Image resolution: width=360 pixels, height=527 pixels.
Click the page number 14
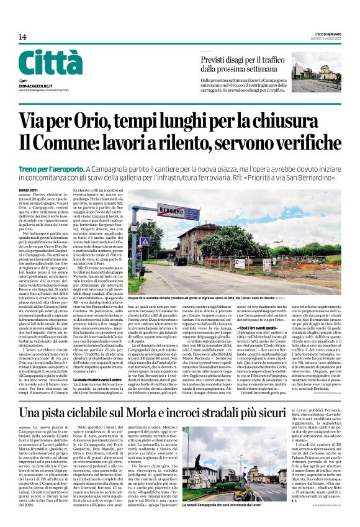coord(22,37)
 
